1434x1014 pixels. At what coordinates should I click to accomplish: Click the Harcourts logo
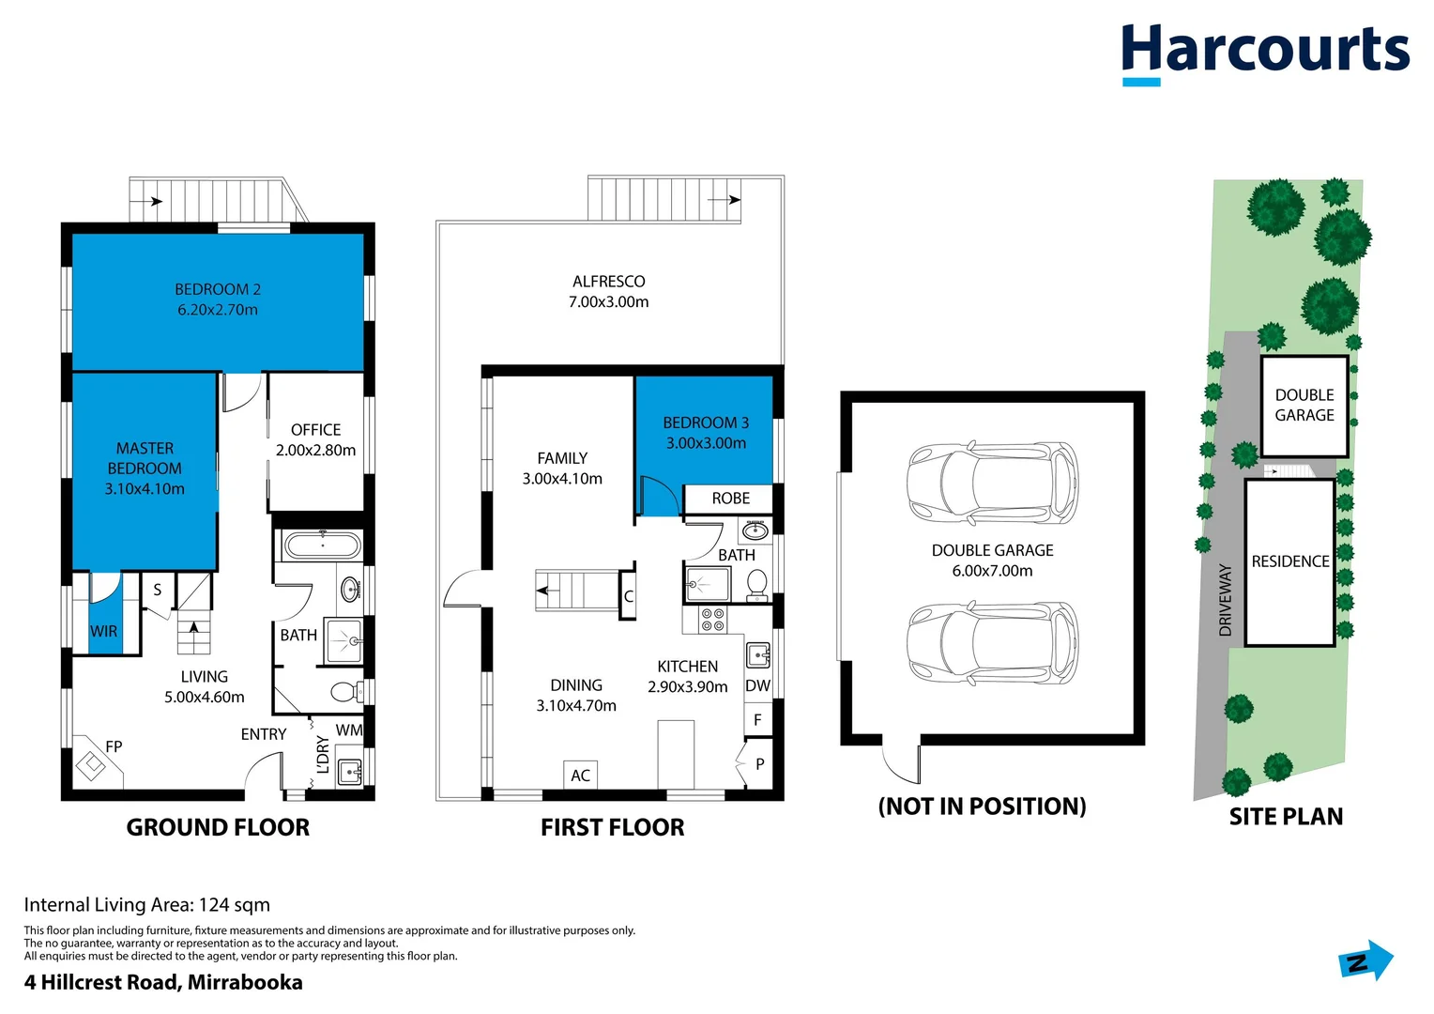pyautogui.click(x=1264, y=53)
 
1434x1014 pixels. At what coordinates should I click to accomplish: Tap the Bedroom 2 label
pyautogui.click(x=218, y=289)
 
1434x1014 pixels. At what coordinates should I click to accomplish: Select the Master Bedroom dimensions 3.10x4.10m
pyautogui.click(x=145, y=489)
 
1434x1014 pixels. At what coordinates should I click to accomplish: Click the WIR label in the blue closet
pyautogui.click(x=104, y=631)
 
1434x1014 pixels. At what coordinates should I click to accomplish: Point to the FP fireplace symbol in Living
pyautogui.click(x=92, y=765)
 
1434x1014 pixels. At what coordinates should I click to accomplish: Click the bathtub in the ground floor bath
pyautogui.click(x=322, y=545)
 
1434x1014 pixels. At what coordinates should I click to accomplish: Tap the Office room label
pyautogui.click(x=315, y=430)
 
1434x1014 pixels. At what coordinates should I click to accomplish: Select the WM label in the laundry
pyautogui.click(x=348, y=730)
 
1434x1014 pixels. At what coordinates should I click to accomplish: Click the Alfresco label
pyautogui.click(x=608, y=282)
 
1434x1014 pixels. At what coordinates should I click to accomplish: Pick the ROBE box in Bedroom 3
pyautogui.click(x=730, y=499)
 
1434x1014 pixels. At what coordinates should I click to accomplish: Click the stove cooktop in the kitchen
pyautogui.click(x=712, y=619)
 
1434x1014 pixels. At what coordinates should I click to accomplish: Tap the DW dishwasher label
pyautogui.click(x=757, y=686)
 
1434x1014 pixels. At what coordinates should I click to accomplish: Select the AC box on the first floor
pyautogui.click(x=581, y=775)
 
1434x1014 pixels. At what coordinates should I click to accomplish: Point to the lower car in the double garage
pyautogui.click(x=992, y=643)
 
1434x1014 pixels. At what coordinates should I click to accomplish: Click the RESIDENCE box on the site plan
pyautogui.click(x=1289, y=561)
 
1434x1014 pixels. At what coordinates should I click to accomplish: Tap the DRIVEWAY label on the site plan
pyautogui.click(x=1225, y=600)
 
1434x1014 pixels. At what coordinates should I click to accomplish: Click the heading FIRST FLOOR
pyautogui.click(x=612, y=827)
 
